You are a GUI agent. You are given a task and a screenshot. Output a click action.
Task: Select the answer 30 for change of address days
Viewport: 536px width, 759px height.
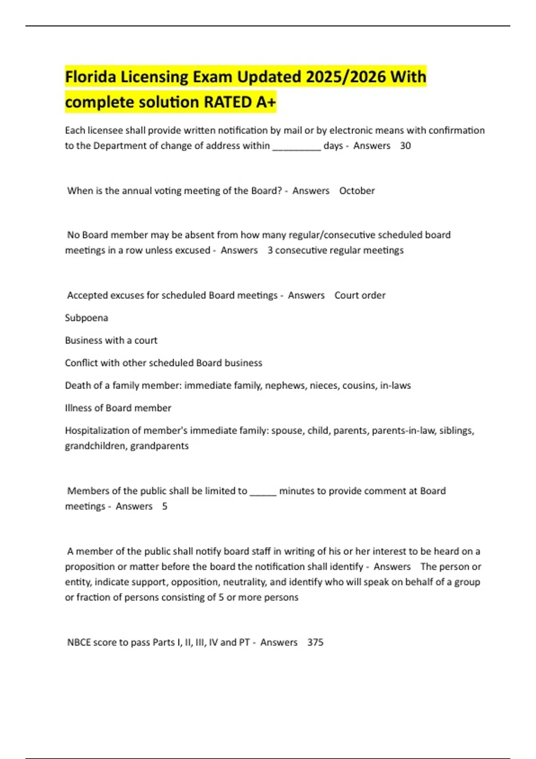point(405,146)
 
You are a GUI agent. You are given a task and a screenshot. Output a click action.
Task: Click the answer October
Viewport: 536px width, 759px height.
point(357,191)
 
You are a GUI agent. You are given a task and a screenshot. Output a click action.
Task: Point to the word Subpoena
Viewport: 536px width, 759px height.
point(86,318)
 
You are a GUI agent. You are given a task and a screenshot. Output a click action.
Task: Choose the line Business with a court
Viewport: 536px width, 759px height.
point(111,340)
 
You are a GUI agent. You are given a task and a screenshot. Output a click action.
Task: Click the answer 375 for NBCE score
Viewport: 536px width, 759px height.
point(315,642)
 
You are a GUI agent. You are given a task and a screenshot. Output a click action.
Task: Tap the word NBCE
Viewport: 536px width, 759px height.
point(79,642)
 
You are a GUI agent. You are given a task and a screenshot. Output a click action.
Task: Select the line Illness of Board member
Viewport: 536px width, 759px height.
point(118,408)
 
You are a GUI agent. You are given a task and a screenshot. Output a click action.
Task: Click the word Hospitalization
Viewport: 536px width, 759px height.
point(93,430)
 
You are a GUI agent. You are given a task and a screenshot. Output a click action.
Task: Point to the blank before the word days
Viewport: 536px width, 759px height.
point(297,146)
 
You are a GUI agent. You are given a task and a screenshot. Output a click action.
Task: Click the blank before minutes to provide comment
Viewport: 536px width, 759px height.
point(263,492)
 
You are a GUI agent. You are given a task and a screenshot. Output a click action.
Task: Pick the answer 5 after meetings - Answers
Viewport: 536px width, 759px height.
point(164,506)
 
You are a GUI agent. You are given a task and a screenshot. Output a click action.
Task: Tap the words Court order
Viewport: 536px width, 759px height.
point(360,295)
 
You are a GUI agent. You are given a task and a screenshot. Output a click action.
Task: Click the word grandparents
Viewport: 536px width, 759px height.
point(159,446)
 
